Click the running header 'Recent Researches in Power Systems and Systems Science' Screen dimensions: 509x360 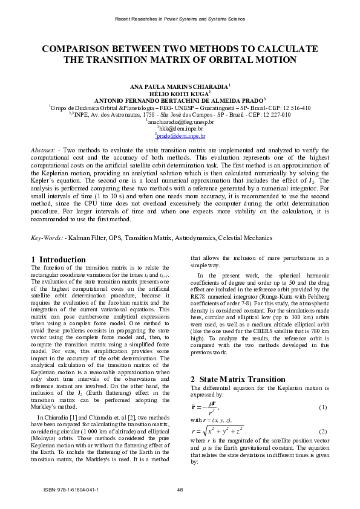[x=180, y=19]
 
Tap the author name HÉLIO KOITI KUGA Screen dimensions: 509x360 [x=179, y=94]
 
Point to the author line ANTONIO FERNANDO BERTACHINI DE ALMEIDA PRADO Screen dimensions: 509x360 [x=179, y=101]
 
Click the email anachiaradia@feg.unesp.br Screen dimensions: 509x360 [x=180, y=122]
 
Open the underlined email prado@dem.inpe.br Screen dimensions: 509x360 [x=181, y=136]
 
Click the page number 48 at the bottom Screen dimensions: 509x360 [x=180, y=489]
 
